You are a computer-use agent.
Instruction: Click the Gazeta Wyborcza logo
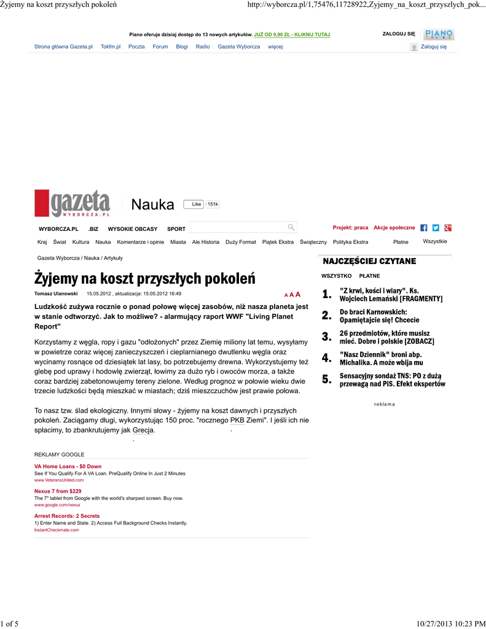pyautogui.click(x=73, y=204)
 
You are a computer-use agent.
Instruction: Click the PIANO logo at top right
pyautogui.click(x=439, y=34)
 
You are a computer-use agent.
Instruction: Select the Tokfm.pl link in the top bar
pyautogui.click(x=111, y=47)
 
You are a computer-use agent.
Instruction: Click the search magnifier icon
pyautogui.click(x=291, y=227)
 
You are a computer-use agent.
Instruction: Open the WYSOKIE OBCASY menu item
pyautogui.click(x=133, y=229)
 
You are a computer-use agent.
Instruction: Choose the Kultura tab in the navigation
pyautogui.click(x=80, y=242)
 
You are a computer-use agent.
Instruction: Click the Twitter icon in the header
pyautogui.click(x=436, y=228)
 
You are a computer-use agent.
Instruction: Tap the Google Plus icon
pyautogui.click(x=449, y=228)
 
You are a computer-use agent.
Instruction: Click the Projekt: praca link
pyautogui.click(x=350, y=228)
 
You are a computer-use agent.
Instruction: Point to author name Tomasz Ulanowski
pyautogui.click(x=56, y=294)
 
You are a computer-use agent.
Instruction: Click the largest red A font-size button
pyautogui.click(x=298, y=294)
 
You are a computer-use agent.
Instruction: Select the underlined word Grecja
pyautogui.click(x=143, y=430)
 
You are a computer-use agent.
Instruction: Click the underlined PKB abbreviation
pyautogui.click(x=237, y=420)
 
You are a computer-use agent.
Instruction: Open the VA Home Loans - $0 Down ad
pyautogui.click(x=68, y=467)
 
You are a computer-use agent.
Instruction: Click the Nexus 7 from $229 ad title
pyautogui.click(x=58, y=491)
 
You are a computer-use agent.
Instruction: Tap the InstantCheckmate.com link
pyautogui.click(x=57, y=529)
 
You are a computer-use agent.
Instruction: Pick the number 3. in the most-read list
pyautogui.click(x=326, y=337)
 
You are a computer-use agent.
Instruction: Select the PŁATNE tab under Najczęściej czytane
pyautogui.click(x=369, y=276)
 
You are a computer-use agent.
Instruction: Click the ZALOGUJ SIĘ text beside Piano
pyautogui.click(x=399, y=34)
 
